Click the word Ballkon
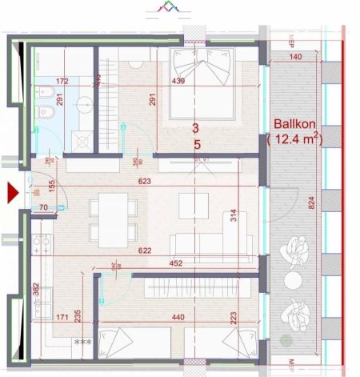(292, 125)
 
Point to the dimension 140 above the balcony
(295, 58)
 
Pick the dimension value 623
(145, 182)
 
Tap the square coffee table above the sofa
(194, 205)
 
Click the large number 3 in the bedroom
(196, 127)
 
